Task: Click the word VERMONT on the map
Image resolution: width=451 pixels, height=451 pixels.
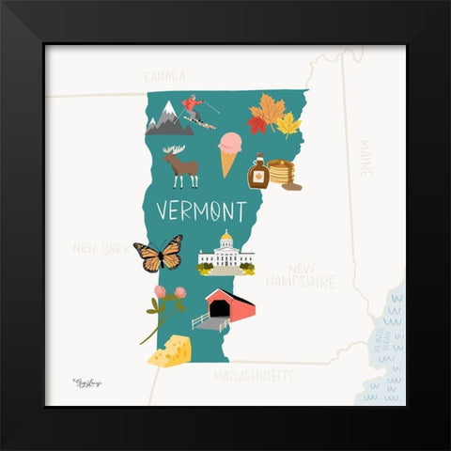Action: pos(201,209)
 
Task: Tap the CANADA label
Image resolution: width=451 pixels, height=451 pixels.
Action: pos(164,76)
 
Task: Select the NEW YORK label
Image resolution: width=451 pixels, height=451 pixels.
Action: pos(101,249)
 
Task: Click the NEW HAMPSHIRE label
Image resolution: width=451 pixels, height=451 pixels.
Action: pos(300,274)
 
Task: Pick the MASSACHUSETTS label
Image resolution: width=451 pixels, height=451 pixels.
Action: pos(253,377)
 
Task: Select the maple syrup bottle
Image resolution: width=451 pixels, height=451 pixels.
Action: pos(257,172)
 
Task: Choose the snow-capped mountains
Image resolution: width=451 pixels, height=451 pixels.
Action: pos(169,119)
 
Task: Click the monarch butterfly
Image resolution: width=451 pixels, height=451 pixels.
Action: pos(157,254)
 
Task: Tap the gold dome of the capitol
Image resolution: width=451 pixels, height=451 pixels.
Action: pos(225,238)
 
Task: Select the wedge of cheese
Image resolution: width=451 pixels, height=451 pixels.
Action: pos(170,352)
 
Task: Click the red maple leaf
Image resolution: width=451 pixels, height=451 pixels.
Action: pos(257,123)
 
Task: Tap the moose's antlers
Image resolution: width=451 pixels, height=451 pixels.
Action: pos(176,150)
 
